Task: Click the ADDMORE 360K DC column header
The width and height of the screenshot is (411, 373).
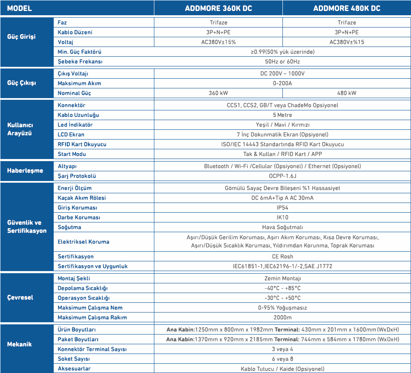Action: pos(218,8)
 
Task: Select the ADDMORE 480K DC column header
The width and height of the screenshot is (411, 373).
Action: pos(346,8)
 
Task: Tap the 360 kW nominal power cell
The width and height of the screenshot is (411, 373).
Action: pos(218,93)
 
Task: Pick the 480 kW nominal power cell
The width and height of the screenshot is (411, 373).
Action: pos(347,93)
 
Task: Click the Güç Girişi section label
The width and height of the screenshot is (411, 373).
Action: pos(22,37)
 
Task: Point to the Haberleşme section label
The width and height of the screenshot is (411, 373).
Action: pos(25,171)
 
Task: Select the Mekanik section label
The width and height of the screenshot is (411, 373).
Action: pos(19,344)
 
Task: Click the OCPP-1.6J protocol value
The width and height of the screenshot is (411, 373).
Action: pos(282,176)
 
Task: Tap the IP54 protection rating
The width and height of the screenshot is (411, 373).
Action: pos(282,208)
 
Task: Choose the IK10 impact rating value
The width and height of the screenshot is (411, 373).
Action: pos(282,217)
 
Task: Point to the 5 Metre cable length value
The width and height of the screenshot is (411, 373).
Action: pos(282,115)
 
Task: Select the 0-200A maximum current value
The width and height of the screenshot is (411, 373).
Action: pos(282,83)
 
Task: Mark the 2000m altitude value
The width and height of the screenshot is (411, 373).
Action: pos(282,318)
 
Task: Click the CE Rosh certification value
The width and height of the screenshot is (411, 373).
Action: pos(282,256)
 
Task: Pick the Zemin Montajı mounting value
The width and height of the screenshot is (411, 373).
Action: pos(282,278)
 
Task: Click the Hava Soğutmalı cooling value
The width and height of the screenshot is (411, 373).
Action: pos(282,227)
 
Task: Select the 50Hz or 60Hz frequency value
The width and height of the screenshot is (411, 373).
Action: pos(282,61)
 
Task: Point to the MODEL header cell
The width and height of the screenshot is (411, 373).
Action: pos(19,8)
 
